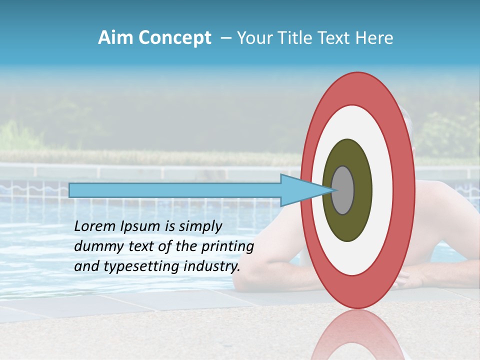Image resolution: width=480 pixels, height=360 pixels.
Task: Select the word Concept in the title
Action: (174, 38)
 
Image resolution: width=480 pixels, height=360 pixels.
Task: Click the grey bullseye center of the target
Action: (343, 190)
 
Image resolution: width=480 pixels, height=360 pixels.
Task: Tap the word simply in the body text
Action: (200, 226)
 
